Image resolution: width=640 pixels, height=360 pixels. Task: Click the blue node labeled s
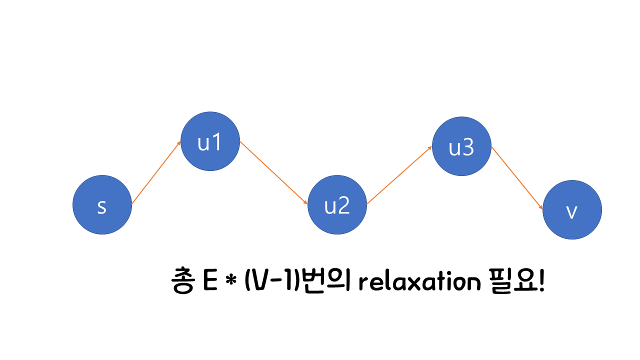pos(102,204)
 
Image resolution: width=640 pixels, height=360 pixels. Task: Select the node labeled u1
pos(210,141)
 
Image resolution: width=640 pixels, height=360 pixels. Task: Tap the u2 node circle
pos(337,204)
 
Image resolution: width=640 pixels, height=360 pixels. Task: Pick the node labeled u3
pos(461,146)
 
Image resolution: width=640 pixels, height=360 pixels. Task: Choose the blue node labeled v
pos(572,210)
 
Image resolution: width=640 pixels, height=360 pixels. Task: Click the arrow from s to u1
pos(156,173)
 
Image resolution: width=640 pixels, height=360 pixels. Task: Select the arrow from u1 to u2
pos(273,173)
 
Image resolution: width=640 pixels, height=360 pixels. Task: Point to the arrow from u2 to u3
pos(399,175)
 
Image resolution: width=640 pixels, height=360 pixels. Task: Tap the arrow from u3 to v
pos(516,178)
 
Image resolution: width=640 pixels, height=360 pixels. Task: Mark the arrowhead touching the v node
pos(540,207)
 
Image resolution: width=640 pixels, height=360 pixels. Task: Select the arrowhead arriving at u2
pos(305,202)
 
